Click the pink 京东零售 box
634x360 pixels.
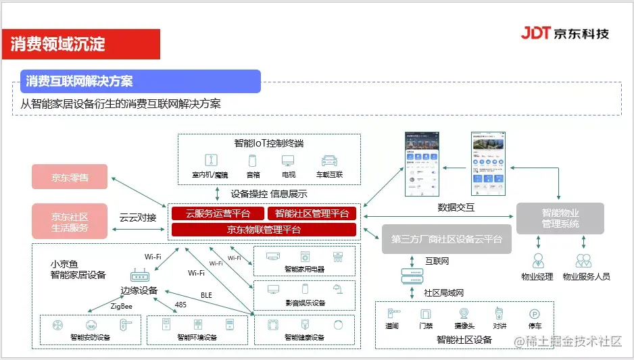click(70, 178)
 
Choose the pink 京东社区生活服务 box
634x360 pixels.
click(70, 222)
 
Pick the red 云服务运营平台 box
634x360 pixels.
click(218, 213)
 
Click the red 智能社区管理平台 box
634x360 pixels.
click(312, 213)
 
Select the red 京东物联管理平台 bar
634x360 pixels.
click(264, 230)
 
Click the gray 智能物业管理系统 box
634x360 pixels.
click(560, 217)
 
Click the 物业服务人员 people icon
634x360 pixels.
click(584, 261)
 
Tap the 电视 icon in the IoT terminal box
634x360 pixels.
click(289, 161)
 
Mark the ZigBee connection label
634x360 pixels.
click(122, 306)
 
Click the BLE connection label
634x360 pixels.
click(206, 295)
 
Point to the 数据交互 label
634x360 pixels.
click(456, 207)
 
